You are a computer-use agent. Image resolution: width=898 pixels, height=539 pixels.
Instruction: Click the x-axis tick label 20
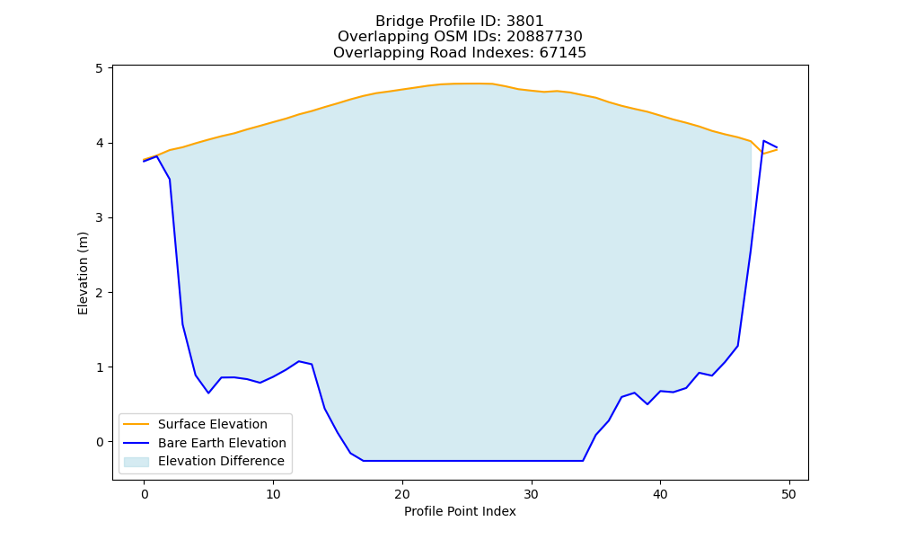[402, 494]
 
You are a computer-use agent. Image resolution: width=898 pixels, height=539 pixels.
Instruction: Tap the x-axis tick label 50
[788, 494]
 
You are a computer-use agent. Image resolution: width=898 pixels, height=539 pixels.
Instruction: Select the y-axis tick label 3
[101, 217]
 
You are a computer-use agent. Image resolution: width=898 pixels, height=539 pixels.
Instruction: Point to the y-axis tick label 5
[101, 68]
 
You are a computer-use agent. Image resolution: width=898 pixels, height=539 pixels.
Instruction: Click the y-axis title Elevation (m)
[83, 273]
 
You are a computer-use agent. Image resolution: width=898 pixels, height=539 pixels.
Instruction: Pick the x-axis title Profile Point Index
[460, 511]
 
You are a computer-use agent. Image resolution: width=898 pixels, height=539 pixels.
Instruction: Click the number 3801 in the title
[524, 22]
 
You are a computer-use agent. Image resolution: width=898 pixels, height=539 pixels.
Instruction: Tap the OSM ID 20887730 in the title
[544, 37]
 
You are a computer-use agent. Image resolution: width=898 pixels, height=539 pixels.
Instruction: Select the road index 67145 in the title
[562, 53]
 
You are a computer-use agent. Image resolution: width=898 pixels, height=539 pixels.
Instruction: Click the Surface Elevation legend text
[213, 424]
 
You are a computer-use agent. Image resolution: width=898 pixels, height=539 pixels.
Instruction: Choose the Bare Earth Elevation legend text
[222, 443]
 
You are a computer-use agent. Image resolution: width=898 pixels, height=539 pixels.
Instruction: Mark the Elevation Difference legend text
[221, 461]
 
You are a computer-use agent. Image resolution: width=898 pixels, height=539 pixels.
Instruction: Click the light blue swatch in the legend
[136, 462]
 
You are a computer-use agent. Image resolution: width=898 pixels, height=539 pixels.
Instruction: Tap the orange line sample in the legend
[136, 424]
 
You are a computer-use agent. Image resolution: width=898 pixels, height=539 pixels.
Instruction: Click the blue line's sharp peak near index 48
[763, 140]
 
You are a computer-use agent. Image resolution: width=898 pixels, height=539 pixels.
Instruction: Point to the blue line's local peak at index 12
[299, 361]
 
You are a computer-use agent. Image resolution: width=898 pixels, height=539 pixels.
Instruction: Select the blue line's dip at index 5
[208, 393]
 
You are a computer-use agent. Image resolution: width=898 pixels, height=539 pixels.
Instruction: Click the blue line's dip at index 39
[647, 404]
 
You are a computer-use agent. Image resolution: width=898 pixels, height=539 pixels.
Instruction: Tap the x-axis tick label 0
[145, 494]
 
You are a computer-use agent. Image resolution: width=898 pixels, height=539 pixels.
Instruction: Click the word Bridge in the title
[396, 22]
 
